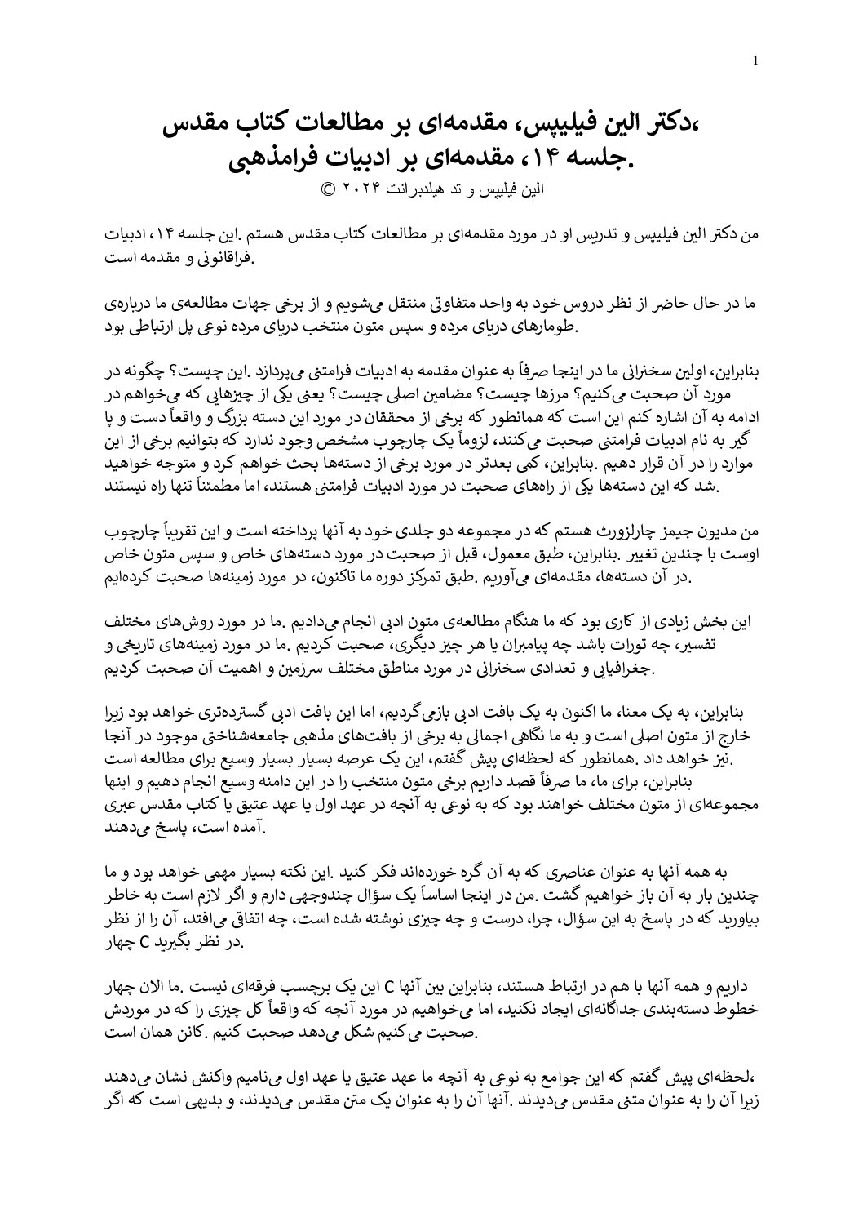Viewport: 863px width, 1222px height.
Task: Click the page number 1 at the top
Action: (x=756, y=60)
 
